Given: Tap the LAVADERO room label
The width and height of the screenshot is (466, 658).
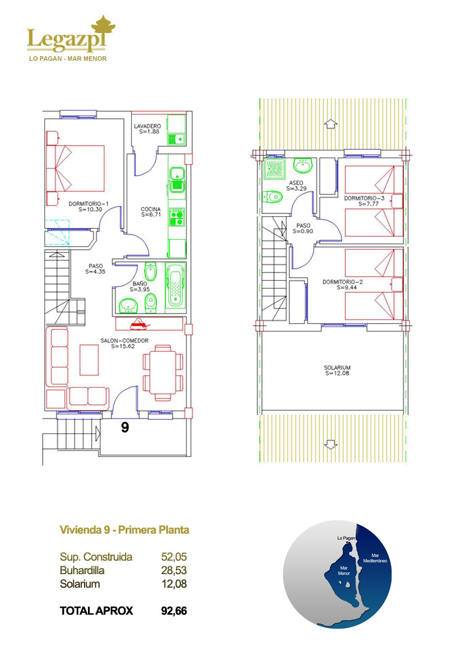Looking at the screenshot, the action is click(148, 126).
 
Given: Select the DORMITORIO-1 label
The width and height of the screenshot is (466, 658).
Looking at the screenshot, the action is click(88, 204).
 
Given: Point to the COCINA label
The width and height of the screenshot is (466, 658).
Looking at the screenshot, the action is click(151, 209).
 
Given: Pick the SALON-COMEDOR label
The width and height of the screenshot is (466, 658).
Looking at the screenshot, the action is click(125, 341).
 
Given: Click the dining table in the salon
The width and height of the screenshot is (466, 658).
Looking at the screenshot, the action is click(163, 372).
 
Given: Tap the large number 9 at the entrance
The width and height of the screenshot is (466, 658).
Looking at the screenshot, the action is click(125, 427).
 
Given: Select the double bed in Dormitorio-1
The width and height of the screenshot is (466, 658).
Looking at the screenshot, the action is click(75, 168).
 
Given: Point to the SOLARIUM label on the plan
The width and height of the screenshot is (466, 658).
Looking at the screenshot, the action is click(337, 368).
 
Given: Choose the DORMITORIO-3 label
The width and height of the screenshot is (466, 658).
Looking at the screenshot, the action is click(365, 198).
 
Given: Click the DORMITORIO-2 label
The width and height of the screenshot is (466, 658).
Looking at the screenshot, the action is click(343, 282).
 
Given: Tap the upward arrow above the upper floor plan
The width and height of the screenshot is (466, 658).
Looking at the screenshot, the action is click(331, 124).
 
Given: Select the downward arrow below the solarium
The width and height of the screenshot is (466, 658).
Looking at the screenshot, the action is click(331, 445).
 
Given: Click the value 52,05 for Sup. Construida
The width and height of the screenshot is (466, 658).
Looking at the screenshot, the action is click(174, 557).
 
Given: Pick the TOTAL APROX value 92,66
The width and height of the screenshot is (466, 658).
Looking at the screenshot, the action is click(174, 611).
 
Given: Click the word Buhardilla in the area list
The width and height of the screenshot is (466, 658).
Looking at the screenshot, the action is click(82, 570).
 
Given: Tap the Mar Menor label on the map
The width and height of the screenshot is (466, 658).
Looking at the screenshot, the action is click(344, 571).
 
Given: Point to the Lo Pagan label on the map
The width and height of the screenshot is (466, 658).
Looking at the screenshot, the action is click(346, 538).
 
